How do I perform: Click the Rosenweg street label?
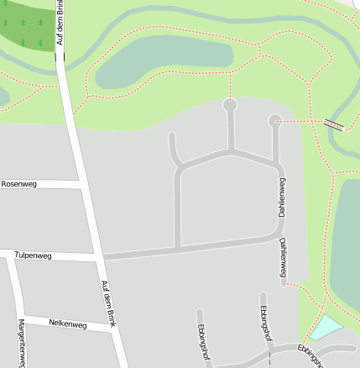coord(19,183)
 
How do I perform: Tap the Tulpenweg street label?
coord(33,255)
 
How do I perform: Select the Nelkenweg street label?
coord(68,323)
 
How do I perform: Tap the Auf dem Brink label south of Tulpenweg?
coord(108,302)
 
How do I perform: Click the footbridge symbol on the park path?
coord(334,124)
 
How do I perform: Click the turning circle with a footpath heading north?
coord(230,105)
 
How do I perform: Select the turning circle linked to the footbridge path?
coord(274,121)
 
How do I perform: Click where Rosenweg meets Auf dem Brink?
coord(81,184)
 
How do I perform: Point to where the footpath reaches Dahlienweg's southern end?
coord(284,283)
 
